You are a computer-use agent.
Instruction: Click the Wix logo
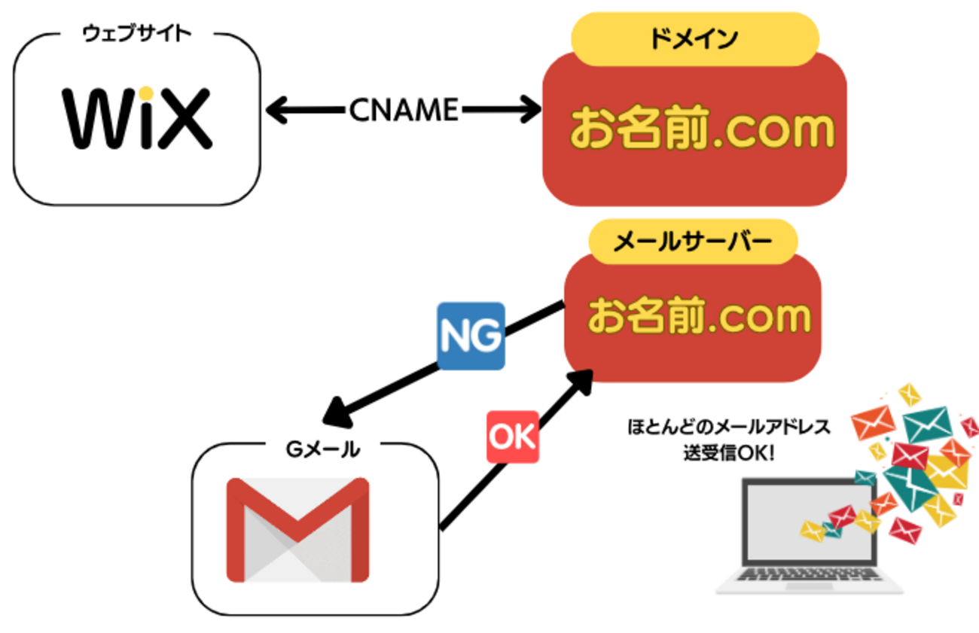[x=136, y=118]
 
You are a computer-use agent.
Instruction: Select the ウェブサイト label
[x=136, y=34]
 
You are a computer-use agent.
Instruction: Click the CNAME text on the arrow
[x=404, y=111]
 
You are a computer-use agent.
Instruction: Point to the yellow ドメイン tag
[x=694, y=39]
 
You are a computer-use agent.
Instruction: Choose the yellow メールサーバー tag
[x=692, y=242]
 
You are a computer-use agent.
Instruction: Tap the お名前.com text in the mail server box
[x=699, y=316]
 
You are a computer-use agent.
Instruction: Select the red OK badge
[x=513, y=437]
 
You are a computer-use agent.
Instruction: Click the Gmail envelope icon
[x=298, y=530]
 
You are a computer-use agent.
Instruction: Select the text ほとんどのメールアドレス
[x=728, y=427]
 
